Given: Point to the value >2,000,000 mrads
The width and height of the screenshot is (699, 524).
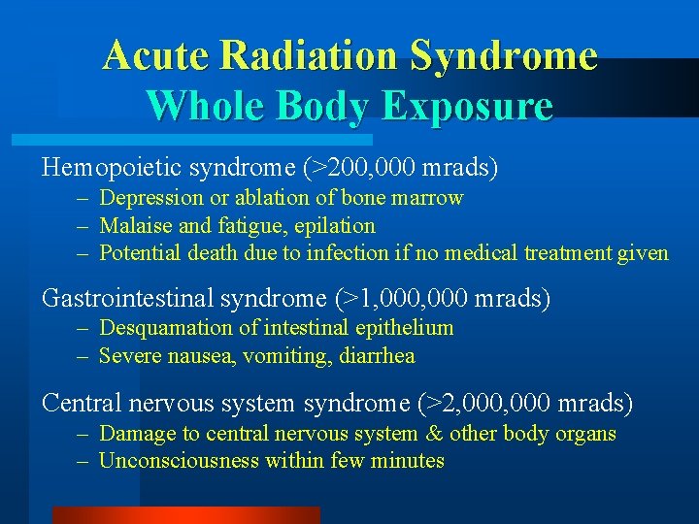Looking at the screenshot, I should coord(528,402).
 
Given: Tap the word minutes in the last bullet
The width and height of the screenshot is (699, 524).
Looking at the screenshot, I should coord(406,461).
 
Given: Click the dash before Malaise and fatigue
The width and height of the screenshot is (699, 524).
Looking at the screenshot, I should coord(84,226).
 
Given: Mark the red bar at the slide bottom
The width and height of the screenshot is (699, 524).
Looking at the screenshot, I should coord(184,515).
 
